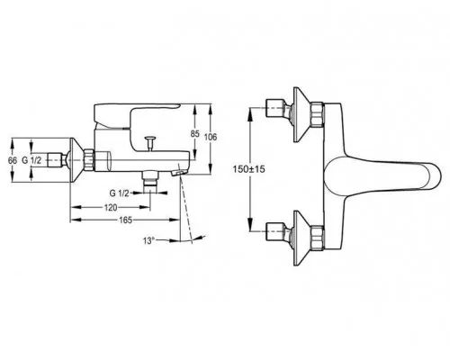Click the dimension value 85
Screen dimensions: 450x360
[195, 134]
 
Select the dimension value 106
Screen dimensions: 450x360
[211, 137]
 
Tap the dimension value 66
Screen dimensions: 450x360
[13, 160]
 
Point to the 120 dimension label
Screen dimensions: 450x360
[111, 207]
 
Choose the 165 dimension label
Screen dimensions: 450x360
[125, 220]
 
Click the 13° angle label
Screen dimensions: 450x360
[148, 240]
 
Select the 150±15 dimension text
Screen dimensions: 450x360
[249, 169]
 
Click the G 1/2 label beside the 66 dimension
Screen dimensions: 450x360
[31, 160]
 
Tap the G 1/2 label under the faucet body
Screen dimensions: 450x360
[119, 193]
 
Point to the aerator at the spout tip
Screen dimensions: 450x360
[179, 173]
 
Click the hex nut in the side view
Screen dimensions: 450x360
[89, 160]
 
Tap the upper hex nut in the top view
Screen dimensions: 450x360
[318, 114]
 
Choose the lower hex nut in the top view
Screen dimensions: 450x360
[318, 238]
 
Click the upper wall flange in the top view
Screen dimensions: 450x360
[301, 114]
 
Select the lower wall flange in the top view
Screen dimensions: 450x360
[301, 238]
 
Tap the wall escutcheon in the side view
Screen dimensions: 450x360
[77, 160]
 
